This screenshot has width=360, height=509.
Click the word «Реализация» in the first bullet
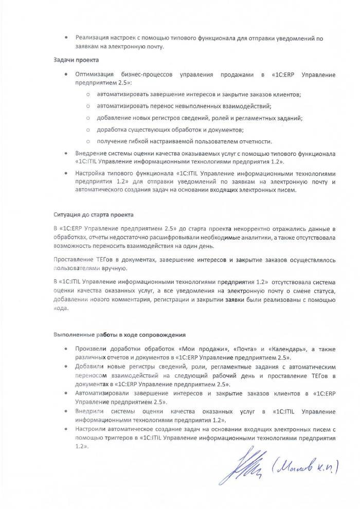point(93,38)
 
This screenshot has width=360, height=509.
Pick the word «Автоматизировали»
point(103,393)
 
